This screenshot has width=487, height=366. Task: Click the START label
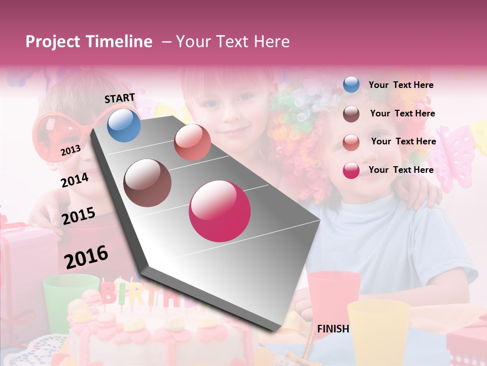pos(120,98)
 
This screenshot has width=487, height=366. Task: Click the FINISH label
pos(333,329)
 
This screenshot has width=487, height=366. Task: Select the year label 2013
pos(71,150)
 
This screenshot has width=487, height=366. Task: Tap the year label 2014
pos(75,180)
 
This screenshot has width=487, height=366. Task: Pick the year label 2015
pos(79,216)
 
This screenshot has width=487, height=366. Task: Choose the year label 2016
pos(86,257)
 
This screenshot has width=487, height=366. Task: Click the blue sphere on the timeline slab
pos(124,125)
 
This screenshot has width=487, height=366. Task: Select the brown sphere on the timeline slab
pos(148,183)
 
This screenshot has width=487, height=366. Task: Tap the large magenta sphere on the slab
pos(220,211)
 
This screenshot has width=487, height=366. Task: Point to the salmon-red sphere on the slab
pos(192,142)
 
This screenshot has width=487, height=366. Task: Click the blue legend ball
pos(351,85)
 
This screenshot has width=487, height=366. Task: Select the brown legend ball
pos(351,114)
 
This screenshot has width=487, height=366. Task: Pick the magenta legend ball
pos(351,170)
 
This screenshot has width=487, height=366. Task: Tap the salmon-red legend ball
pos(351,142)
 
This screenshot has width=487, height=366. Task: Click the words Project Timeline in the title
pos(89,42)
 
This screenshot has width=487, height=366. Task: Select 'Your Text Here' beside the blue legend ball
pos(401,85)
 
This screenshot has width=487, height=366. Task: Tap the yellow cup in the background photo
pos(378,330)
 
